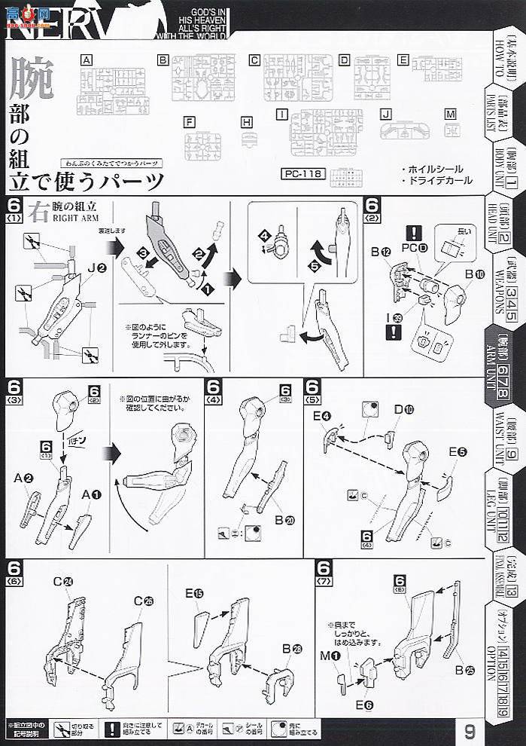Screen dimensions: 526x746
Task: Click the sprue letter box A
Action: click(87, 60)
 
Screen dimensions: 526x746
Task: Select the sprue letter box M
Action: click(450, 115)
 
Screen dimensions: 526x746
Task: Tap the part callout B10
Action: click(473, 274)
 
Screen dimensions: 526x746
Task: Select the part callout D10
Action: click(403, 409)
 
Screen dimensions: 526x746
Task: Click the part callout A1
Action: click(90, 494)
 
